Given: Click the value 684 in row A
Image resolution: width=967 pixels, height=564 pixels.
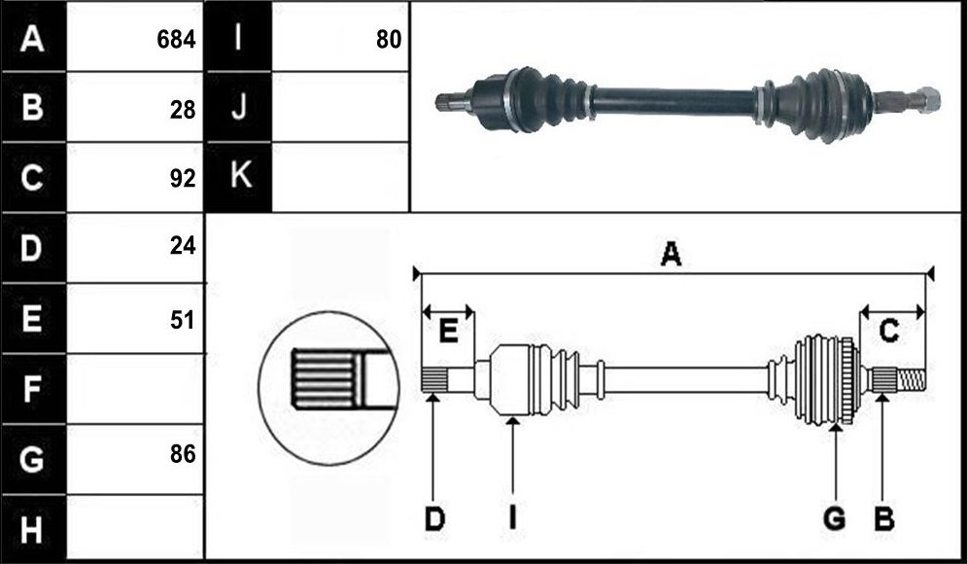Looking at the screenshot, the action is point(176,40).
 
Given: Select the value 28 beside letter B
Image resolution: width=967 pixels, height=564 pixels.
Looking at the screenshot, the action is point(183,110).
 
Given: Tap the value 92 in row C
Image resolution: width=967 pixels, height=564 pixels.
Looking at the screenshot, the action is point(183,178).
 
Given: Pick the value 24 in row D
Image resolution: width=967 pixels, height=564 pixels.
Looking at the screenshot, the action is point(183,246).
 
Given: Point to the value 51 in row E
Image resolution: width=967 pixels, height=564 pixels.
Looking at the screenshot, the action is point(183,320).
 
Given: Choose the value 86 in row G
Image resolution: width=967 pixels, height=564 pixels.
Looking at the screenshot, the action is point(183,454).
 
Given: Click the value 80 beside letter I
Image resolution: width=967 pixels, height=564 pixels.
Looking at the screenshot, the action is point(389,40).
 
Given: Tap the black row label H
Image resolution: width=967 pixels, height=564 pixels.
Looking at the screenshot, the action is point(33,529).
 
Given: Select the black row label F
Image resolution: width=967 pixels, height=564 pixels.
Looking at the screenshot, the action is point(33,389).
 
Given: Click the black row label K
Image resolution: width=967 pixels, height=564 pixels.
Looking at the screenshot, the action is point(239,177).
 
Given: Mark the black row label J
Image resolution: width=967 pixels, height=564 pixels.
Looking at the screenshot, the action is point(239,107).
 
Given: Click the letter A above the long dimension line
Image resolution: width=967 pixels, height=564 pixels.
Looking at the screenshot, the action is point(671,254).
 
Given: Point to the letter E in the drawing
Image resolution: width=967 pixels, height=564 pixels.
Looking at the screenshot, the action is point(448,332).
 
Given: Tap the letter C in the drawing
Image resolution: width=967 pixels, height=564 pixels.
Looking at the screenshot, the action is point(888,332).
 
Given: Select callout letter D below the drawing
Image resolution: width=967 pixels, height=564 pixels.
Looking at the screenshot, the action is point(434,519).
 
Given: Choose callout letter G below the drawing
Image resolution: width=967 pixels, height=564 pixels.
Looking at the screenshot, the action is point(835,519).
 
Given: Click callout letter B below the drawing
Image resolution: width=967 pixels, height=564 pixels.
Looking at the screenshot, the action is point(884,519).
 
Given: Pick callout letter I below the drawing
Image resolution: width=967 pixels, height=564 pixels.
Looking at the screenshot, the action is point(512,519).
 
